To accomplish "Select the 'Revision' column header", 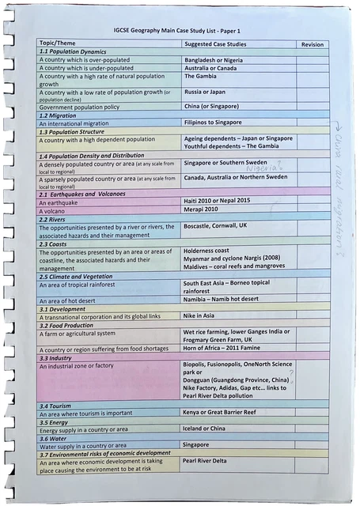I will point(312,44).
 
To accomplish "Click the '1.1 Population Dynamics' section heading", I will point(73,51).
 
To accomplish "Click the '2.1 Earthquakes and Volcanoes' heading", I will point(82,194).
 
